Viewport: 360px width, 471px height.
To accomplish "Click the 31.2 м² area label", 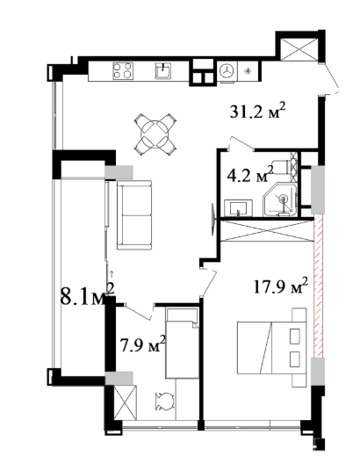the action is pyautogui.click(x=257, y=111).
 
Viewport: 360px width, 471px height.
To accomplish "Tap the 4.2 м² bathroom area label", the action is pyautogui.click(x=250, y=174).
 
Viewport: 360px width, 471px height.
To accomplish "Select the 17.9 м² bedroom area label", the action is pyautogui.click(x=281, y=286).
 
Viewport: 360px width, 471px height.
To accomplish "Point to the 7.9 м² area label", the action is pyautogui.click(x=143, y=344).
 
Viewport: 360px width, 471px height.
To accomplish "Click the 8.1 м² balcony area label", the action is pyautogui.click(x=88, y=295).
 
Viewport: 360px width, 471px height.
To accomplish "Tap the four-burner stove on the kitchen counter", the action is pyautogui.click(x=123, y=71).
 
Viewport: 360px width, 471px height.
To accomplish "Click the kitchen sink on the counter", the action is pyautogui.click(x=163, y=71).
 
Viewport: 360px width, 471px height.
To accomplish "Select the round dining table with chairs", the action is pyautogui.click(x=155, y=134).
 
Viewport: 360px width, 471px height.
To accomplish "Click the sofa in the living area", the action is pyautogui.click(x=134, y=215).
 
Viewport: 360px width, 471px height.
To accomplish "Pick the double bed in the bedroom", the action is pyautogui.click(x=271, y=347).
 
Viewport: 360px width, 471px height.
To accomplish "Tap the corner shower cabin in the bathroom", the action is pyautogui.click(x=280, y=199).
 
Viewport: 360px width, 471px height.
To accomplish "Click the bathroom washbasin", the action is pyautogui.click(x=239, y=208).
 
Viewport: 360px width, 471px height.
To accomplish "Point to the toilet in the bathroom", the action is pyautogui.click(x=282, y=166).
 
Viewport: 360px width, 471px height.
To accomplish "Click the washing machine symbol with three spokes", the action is pyautogui.click(x=227, y=71).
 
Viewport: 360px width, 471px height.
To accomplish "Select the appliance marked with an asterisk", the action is pyautogui.click(x=248, y=71).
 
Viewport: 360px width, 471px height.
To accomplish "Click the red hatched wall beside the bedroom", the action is pyautogui.click(x=319, y=286).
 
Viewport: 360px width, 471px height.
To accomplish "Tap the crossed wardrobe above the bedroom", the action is pyautogui.click(x=267, y=231).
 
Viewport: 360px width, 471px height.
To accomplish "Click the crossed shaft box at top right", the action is pyautogui.click(x=298, y=49).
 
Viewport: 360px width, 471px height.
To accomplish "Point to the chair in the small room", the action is pyautogui.click(x=164, y=402).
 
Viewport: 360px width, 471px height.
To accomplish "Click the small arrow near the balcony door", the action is pyautogui.click(x=112, y=273).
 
